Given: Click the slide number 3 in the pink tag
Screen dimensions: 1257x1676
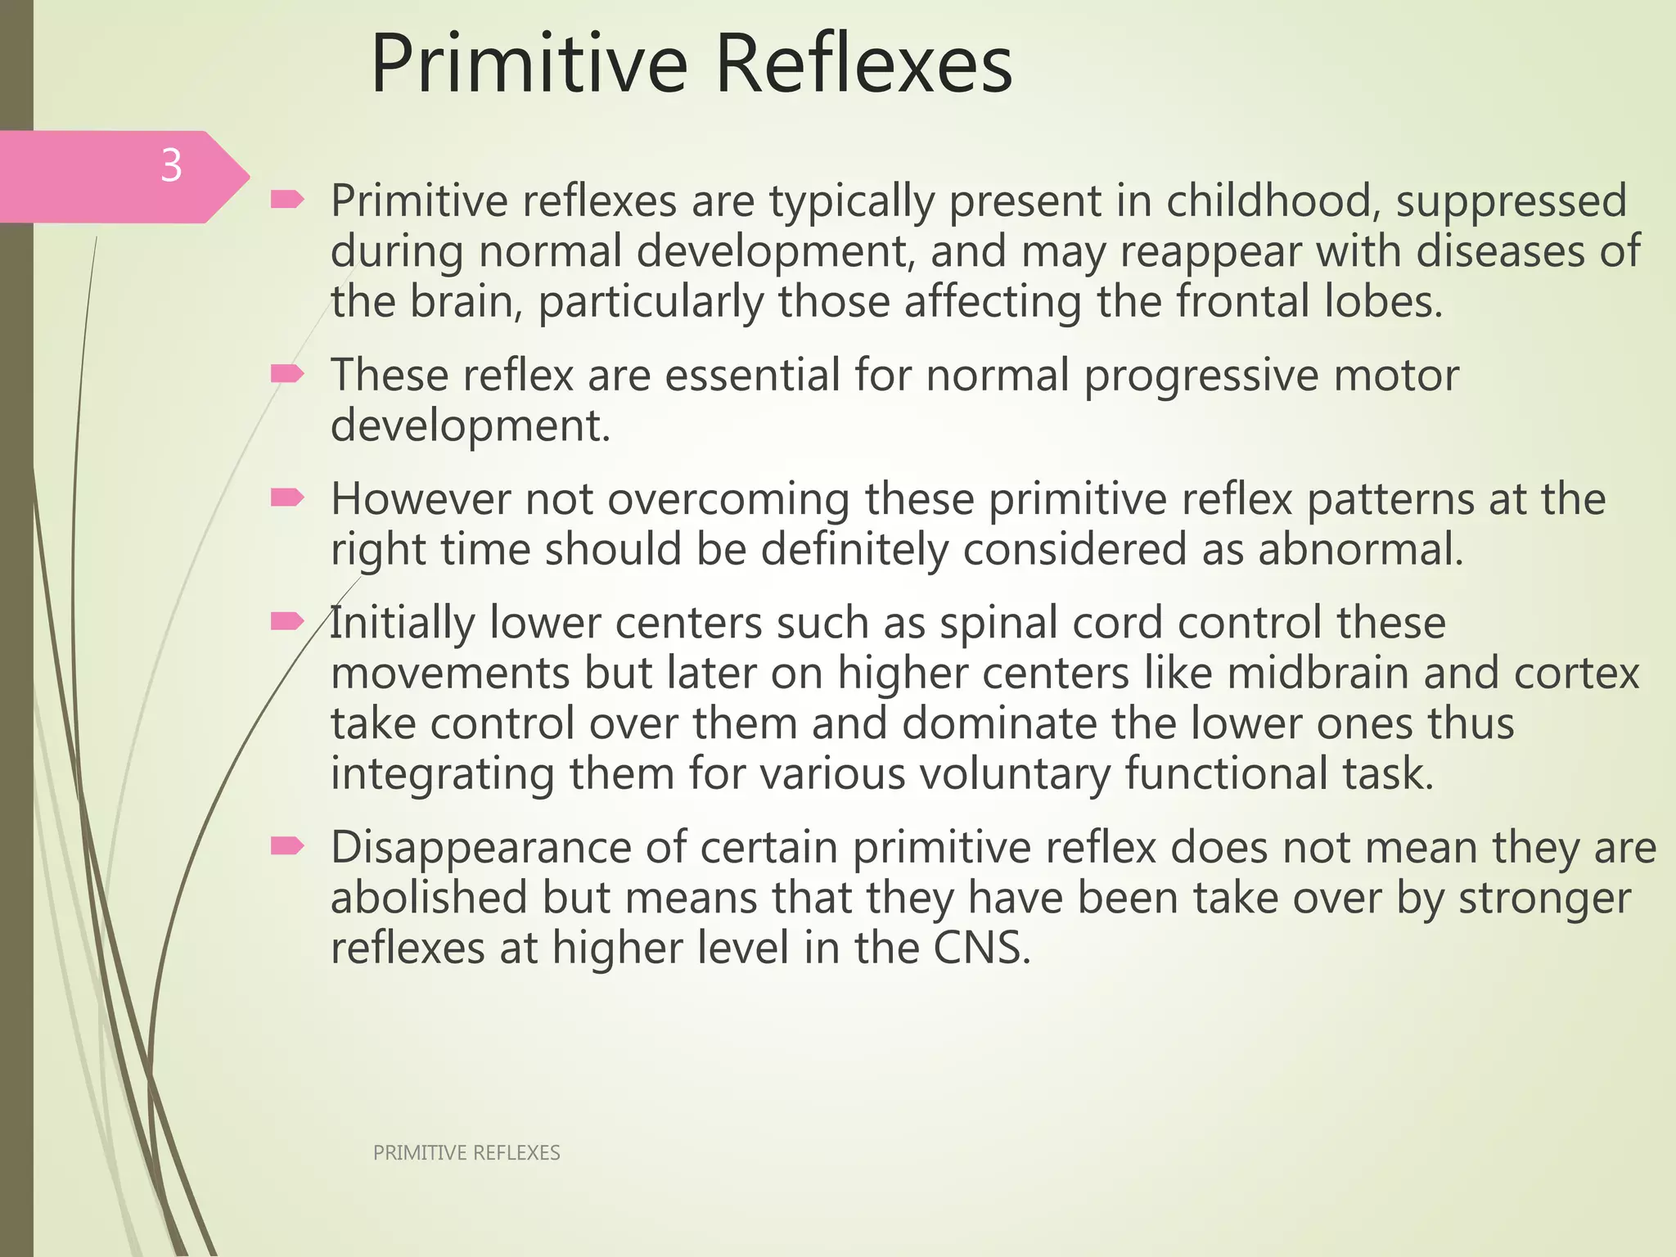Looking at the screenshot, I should pos(171,166).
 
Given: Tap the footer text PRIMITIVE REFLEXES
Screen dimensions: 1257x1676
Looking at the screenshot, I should pos(466,1153).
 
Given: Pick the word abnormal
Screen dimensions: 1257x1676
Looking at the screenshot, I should pos(1360,549).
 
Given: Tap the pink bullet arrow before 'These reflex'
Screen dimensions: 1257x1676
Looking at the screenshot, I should pos(287,374).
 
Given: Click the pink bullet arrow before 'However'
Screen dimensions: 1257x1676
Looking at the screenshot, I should pos(287,498).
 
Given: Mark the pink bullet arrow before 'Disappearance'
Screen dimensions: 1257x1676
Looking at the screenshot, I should pos(287,845).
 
